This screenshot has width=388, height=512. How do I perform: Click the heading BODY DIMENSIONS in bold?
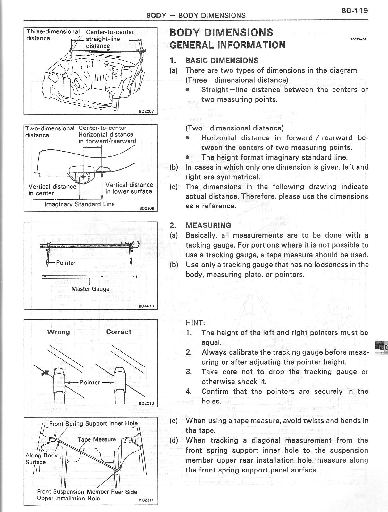pos(221,32)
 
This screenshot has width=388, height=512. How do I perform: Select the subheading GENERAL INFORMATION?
pos(227,45)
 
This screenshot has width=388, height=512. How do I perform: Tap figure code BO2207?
pos(146,111)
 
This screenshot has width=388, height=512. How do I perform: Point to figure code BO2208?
pos(147,208)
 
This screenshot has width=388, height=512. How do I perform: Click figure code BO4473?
pos(146,306)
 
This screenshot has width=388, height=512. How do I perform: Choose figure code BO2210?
pos(146,403)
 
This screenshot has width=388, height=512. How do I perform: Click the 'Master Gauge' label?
pos(90,289)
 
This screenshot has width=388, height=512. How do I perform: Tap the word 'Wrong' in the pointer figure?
pos(58,332)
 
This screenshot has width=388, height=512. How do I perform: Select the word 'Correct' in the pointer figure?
pos(119,332)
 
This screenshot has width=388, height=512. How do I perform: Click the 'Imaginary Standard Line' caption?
pos(80,204)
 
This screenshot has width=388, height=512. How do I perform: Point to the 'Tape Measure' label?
pos(97,439)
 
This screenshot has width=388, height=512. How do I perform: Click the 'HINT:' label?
pos(195,323)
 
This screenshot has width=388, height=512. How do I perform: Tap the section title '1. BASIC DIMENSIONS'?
pos(214,60)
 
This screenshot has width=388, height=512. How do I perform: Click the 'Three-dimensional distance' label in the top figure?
pos(53,35)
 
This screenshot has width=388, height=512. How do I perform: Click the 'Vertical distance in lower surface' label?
pos(129,188)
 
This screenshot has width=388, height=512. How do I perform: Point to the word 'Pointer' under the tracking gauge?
pos(65,263)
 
